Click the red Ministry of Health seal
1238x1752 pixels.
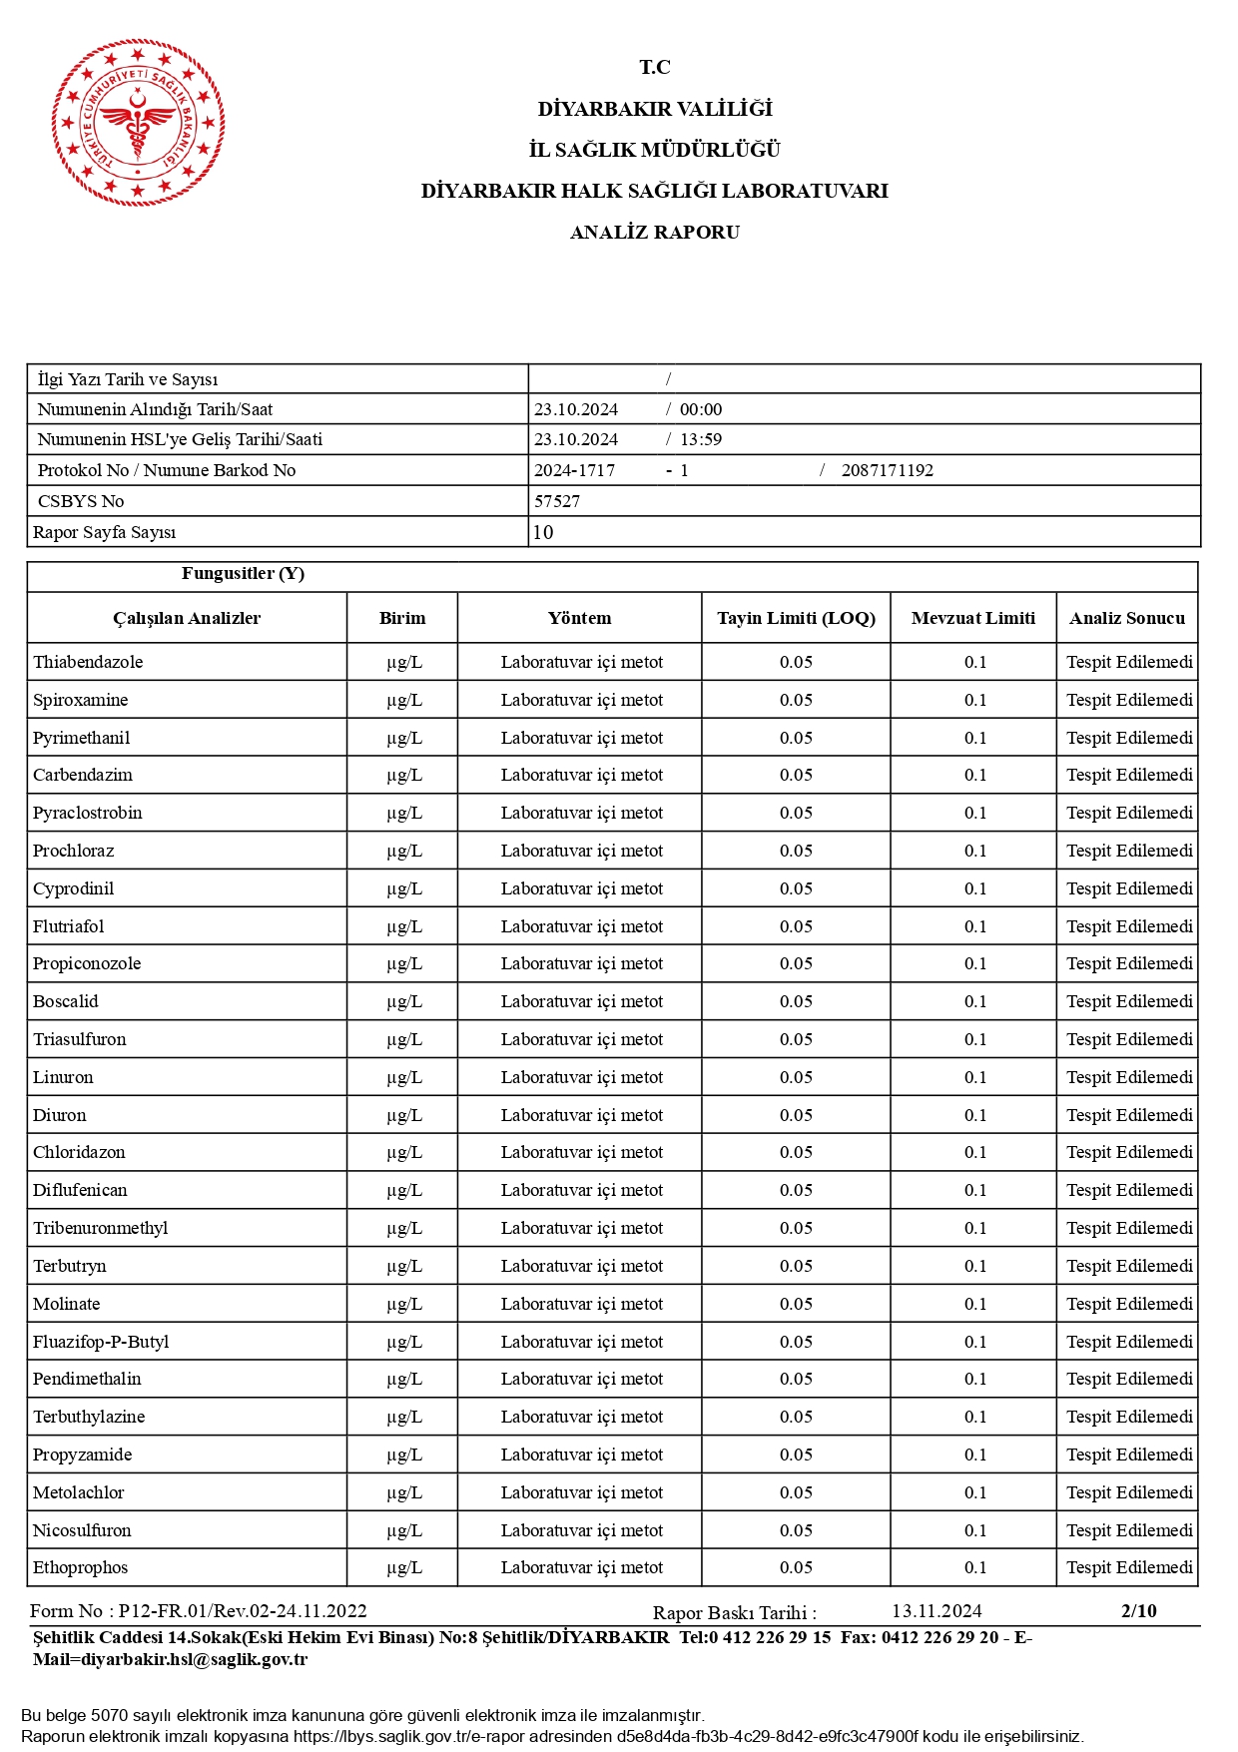click(x=138, y=123)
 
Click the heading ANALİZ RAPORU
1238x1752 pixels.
click(x=654, y=233)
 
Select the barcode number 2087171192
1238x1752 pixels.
click(x=887, y=470)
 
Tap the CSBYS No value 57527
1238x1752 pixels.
click(x=557, y=501)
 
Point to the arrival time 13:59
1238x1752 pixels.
click(x=701, y=439)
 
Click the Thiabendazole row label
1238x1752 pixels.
click(x=88, y=662)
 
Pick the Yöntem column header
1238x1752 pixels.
click(x=579, y=618)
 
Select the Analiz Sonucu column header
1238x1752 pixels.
click(x=1127, y=618)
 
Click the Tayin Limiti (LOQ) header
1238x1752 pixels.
click(x=796, y=618)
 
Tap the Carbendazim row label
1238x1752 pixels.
click(x=83, y=775)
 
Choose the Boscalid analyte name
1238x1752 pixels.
click(x=66, y=1001)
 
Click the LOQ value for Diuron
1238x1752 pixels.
click(x=796, y=1115)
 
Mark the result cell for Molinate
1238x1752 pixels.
click(x=1129, y=1304)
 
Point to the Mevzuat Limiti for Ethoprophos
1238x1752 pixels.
click(x=974, y=1567)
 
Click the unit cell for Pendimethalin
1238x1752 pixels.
click(x=404, y=1379)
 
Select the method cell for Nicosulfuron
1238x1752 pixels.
click(x=581, y=1530)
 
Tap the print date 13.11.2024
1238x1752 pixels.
click(x=936, y=1611)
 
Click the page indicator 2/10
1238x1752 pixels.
click(x=1138, y=1611)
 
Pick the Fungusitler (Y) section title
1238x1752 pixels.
click(x=243, y=574)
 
